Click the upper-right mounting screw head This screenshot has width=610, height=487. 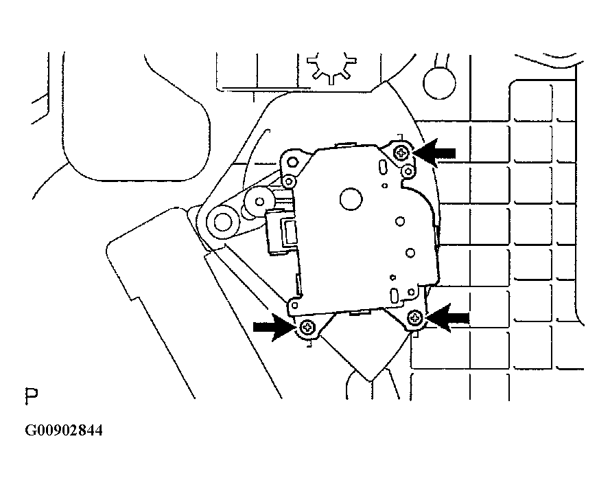pos(401,152)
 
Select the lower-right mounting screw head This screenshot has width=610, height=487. pos(414,319)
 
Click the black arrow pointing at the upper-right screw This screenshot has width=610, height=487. pos(434,153)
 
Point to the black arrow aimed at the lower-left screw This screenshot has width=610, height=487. pos(274,327)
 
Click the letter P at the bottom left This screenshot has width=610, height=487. pos(32,396)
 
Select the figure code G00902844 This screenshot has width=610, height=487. pos(64,431)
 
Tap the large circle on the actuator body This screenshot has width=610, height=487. pos(351,199)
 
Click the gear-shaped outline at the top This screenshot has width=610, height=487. pos(331,67)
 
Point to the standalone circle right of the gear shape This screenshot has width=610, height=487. pos(439,83)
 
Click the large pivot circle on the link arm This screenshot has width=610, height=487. pos(222,223)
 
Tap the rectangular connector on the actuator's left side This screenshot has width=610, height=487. pos(282,233)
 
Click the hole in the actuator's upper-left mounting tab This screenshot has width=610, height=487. pos(292,161)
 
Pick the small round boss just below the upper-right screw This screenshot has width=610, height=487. pos(408,171)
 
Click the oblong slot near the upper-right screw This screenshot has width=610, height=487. pos(382,166)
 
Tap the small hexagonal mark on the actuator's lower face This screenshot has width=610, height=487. pos(393,278)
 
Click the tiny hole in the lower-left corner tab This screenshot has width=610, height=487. pos(294,305)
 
